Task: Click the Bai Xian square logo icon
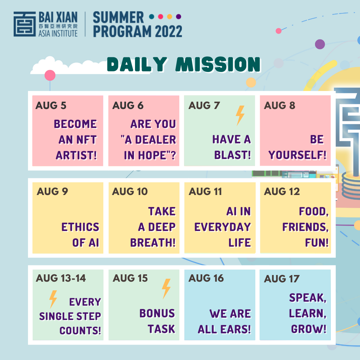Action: point(25,24)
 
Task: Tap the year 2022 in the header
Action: point(169,31)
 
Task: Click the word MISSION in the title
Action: point(218,64)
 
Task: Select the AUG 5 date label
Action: point(51,105)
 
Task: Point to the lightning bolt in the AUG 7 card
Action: point(240,115)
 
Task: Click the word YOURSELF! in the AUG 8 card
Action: point(297,155)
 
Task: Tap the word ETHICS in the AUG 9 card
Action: point(80,227)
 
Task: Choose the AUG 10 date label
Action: point(130,191)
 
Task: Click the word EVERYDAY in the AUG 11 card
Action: point(222,227)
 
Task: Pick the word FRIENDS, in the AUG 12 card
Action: point(305,227)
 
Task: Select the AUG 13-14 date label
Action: point(61,278)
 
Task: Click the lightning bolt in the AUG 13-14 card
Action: point(53,299)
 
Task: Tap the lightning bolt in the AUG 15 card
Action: point(166,289)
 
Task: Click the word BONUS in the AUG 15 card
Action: point(157,313)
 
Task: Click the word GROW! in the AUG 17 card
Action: point(309,329)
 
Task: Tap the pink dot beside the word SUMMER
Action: point(160,17)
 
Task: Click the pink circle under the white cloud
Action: point(50,75)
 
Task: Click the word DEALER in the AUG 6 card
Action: point(155,140)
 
